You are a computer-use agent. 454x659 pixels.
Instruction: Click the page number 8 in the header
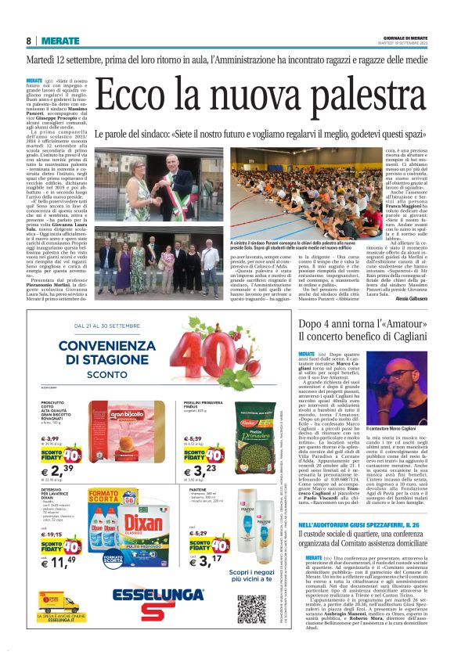pyautogui.click(x=28, y=41)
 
